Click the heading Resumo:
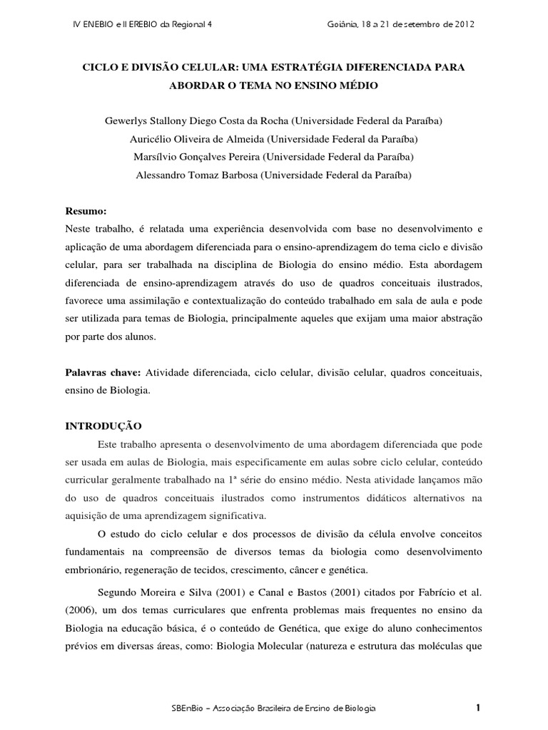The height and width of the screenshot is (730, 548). coord(86,212)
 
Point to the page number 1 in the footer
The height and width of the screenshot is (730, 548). coord(478,707)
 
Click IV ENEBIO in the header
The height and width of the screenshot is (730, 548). coord(95,24)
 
